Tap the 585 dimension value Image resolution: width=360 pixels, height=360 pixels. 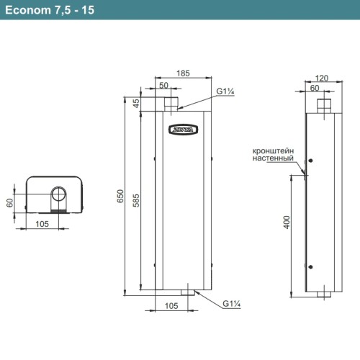(144, 204)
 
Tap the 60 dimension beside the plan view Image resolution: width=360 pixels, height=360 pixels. (10, 203)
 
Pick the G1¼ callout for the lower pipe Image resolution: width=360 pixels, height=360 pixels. (231, 303)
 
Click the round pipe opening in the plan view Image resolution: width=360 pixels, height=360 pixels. (58, 195)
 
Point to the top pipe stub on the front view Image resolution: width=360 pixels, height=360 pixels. (172, 104)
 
